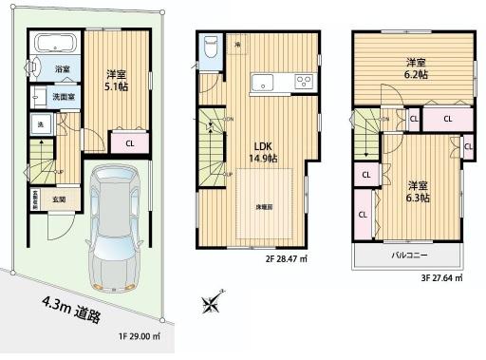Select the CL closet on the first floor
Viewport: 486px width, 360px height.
[x=128, y=143]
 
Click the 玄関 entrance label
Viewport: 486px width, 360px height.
[x=59, y=199]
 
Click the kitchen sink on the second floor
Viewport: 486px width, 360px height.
[x=263, y=83]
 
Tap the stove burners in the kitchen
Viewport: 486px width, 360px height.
[x=305, y=81]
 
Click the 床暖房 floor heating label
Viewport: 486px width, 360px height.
[x=265, y=207]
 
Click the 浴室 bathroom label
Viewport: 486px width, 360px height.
[x=62, y=70]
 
